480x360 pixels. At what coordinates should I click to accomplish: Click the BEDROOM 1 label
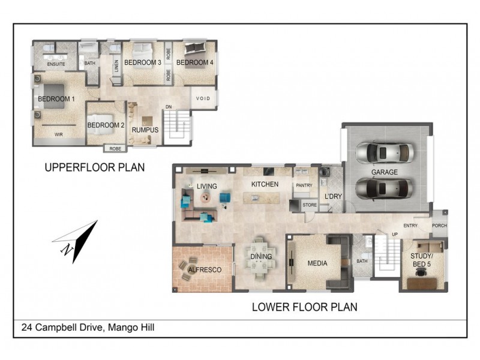coord(56,99)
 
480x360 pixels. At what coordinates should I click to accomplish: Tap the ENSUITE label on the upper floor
coord(56,63)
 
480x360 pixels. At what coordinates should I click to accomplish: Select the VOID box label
coord(203,98)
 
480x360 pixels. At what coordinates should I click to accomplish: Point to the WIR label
coord(59,134)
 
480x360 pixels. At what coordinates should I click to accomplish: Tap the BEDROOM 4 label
coord(194,62)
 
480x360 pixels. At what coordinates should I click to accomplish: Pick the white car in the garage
coord(385,153)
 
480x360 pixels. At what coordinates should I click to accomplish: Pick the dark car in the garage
coord(385,188)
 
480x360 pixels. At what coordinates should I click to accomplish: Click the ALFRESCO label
coord(205,271)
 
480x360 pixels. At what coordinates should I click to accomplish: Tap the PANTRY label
coord(304,185)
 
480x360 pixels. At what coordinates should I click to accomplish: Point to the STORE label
coord(310,205)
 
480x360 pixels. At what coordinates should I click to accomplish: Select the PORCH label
coord(439,226)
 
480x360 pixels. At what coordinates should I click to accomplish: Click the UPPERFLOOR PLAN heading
coord(95,167)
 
